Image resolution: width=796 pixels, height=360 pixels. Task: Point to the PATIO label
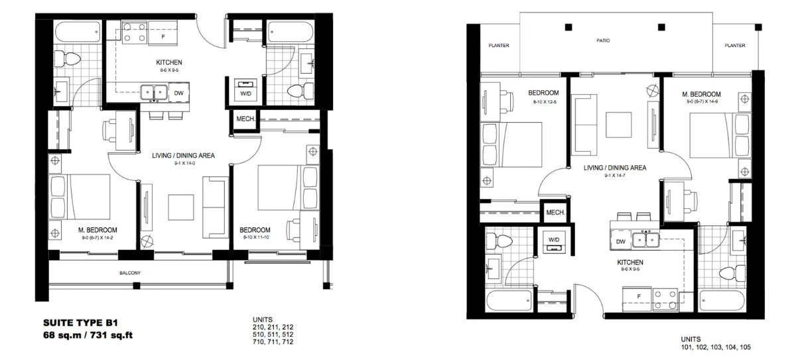pos(602,40)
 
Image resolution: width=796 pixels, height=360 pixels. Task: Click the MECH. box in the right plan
pos(555,212)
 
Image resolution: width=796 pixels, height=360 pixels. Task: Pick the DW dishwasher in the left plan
pos(179,93)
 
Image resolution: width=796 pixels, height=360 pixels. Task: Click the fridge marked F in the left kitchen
pos(163,37)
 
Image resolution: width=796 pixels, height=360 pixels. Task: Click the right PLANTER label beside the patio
pos(735,46)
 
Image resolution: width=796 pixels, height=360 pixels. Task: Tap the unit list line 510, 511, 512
pos(273,334)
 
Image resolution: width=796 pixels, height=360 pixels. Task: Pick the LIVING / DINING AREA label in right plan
pos(615,168)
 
